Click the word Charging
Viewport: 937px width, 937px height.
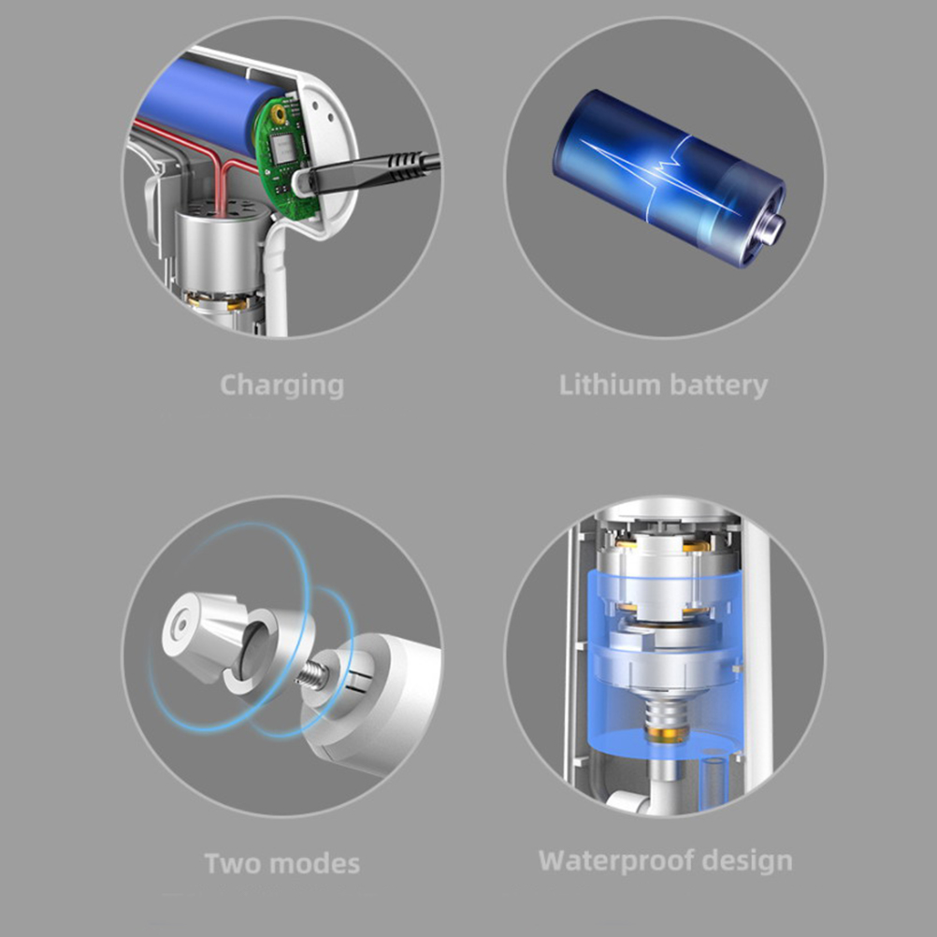pyautogui.click(x=282, y=386)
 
